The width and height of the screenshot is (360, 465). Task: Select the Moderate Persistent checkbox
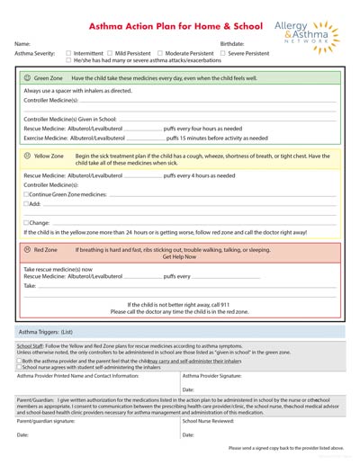(159, 53)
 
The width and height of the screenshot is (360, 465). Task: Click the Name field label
(22, 43)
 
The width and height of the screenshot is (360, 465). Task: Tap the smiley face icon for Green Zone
(28, 78)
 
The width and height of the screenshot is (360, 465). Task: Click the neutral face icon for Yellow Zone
(28, 156)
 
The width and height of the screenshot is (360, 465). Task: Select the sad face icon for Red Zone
(28, 249)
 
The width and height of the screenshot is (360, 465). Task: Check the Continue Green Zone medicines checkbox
(26, 194)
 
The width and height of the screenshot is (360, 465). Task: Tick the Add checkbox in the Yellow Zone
(26, 204)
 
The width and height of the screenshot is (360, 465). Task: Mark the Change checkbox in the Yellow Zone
(26, 222)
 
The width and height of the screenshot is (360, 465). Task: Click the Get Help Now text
(179, 257)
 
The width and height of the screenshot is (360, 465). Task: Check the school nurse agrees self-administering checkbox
(20, 367)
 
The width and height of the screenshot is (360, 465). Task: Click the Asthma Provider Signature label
(211, 376)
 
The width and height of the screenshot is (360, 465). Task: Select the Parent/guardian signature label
(46, 420)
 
